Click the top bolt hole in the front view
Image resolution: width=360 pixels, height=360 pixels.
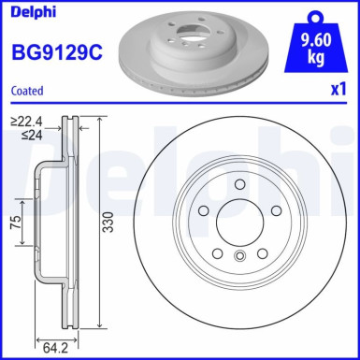240,185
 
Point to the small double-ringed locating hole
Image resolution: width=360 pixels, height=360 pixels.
240,258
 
